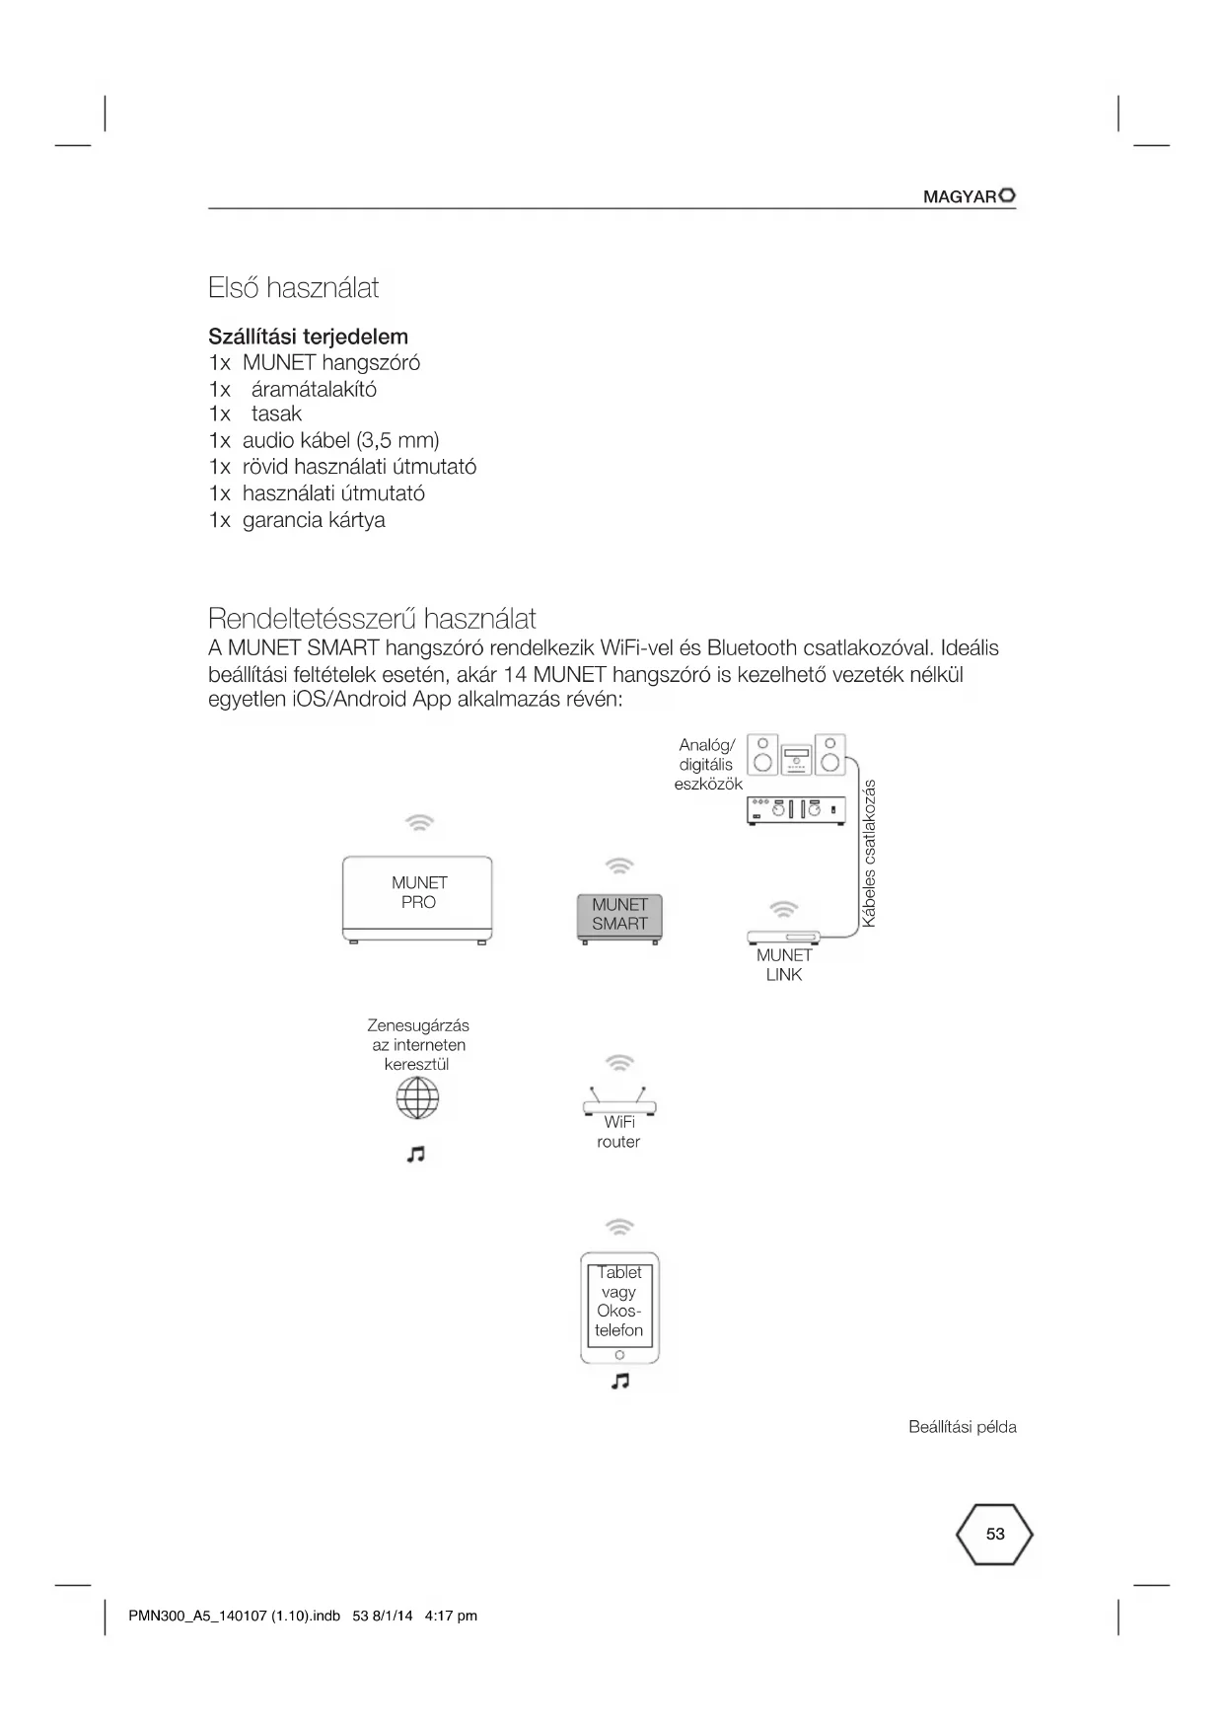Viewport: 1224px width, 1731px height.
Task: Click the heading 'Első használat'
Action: coord(293,288)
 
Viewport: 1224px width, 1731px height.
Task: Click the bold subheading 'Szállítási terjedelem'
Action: coord(308,337)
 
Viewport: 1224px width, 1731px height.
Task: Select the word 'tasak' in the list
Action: coord(276,414)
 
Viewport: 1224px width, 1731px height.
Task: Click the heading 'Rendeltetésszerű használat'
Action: coord(372,619)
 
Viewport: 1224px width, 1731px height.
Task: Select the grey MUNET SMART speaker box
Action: coord(619,916)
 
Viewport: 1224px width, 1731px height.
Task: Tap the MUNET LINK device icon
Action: coord(784,936)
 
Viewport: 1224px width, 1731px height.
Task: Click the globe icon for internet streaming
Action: coord(417,1097)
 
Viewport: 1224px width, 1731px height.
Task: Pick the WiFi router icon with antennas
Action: coord(618,1101)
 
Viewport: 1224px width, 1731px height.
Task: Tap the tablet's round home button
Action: coord(619,1354)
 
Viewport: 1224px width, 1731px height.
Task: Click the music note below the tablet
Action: coord(619,1381)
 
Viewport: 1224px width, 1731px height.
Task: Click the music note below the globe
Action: coord(416,1154)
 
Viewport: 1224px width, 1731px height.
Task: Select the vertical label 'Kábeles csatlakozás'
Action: coord(869,854)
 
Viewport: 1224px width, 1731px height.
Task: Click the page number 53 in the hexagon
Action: coord(995,1534)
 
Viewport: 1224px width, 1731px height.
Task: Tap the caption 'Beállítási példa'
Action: coord(962,1427)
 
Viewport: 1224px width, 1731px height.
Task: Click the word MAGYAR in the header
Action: coord(959,196)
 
